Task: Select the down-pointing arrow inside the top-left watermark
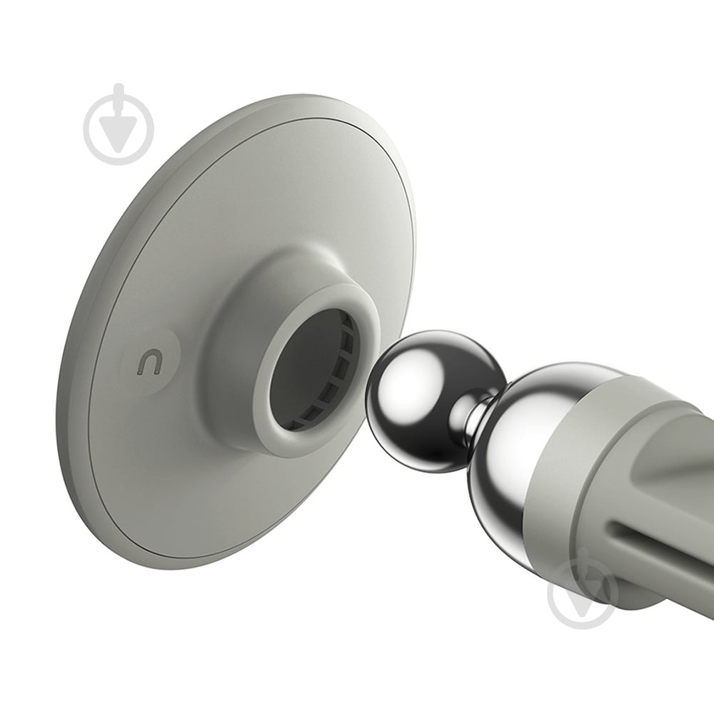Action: tap(119, 131)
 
